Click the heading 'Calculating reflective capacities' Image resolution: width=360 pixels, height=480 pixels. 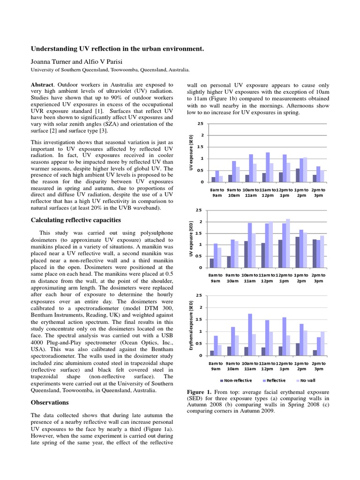[76, 220]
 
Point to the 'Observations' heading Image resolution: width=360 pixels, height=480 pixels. [50, 402]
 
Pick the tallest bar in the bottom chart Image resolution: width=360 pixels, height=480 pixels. [250, 334]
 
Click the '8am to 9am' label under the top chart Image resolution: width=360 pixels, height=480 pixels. [216, 192]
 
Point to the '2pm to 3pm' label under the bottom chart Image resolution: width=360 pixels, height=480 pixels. [318, 365]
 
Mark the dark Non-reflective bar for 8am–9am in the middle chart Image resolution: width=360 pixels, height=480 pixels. [212, 263]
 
